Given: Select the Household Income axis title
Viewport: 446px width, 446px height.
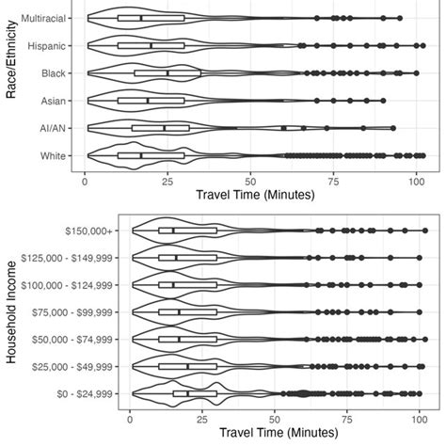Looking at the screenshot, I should [x=10, y=311].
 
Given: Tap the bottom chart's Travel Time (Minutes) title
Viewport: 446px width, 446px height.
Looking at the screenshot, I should [x=275, y=436].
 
